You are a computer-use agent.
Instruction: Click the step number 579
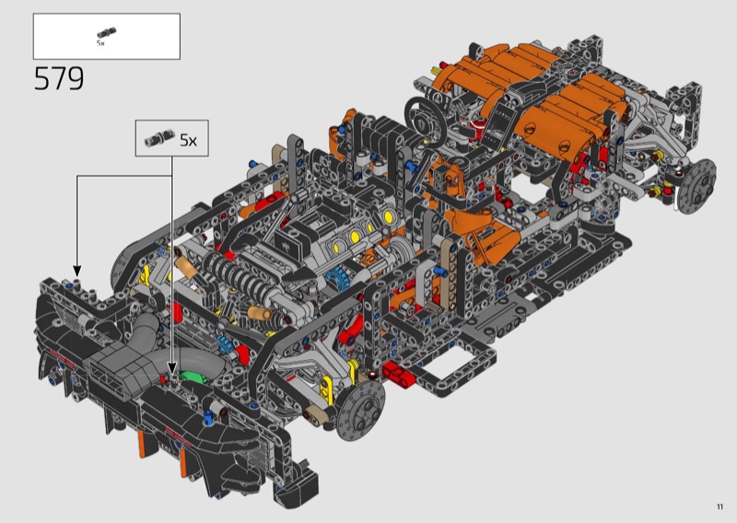click(59, 78)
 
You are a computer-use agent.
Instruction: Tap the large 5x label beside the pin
click(189, 140)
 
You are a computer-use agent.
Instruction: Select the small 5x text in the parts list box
click(100, 43)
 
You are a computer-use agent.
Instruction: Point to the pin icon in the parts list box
click(107, 33)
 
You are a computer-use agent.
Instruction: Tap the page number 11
click(719, 506)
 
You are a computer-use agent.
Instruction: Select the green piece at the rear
click(193, 378)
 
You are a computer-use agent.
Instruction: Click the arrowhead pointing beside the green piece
click(172, 368)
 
